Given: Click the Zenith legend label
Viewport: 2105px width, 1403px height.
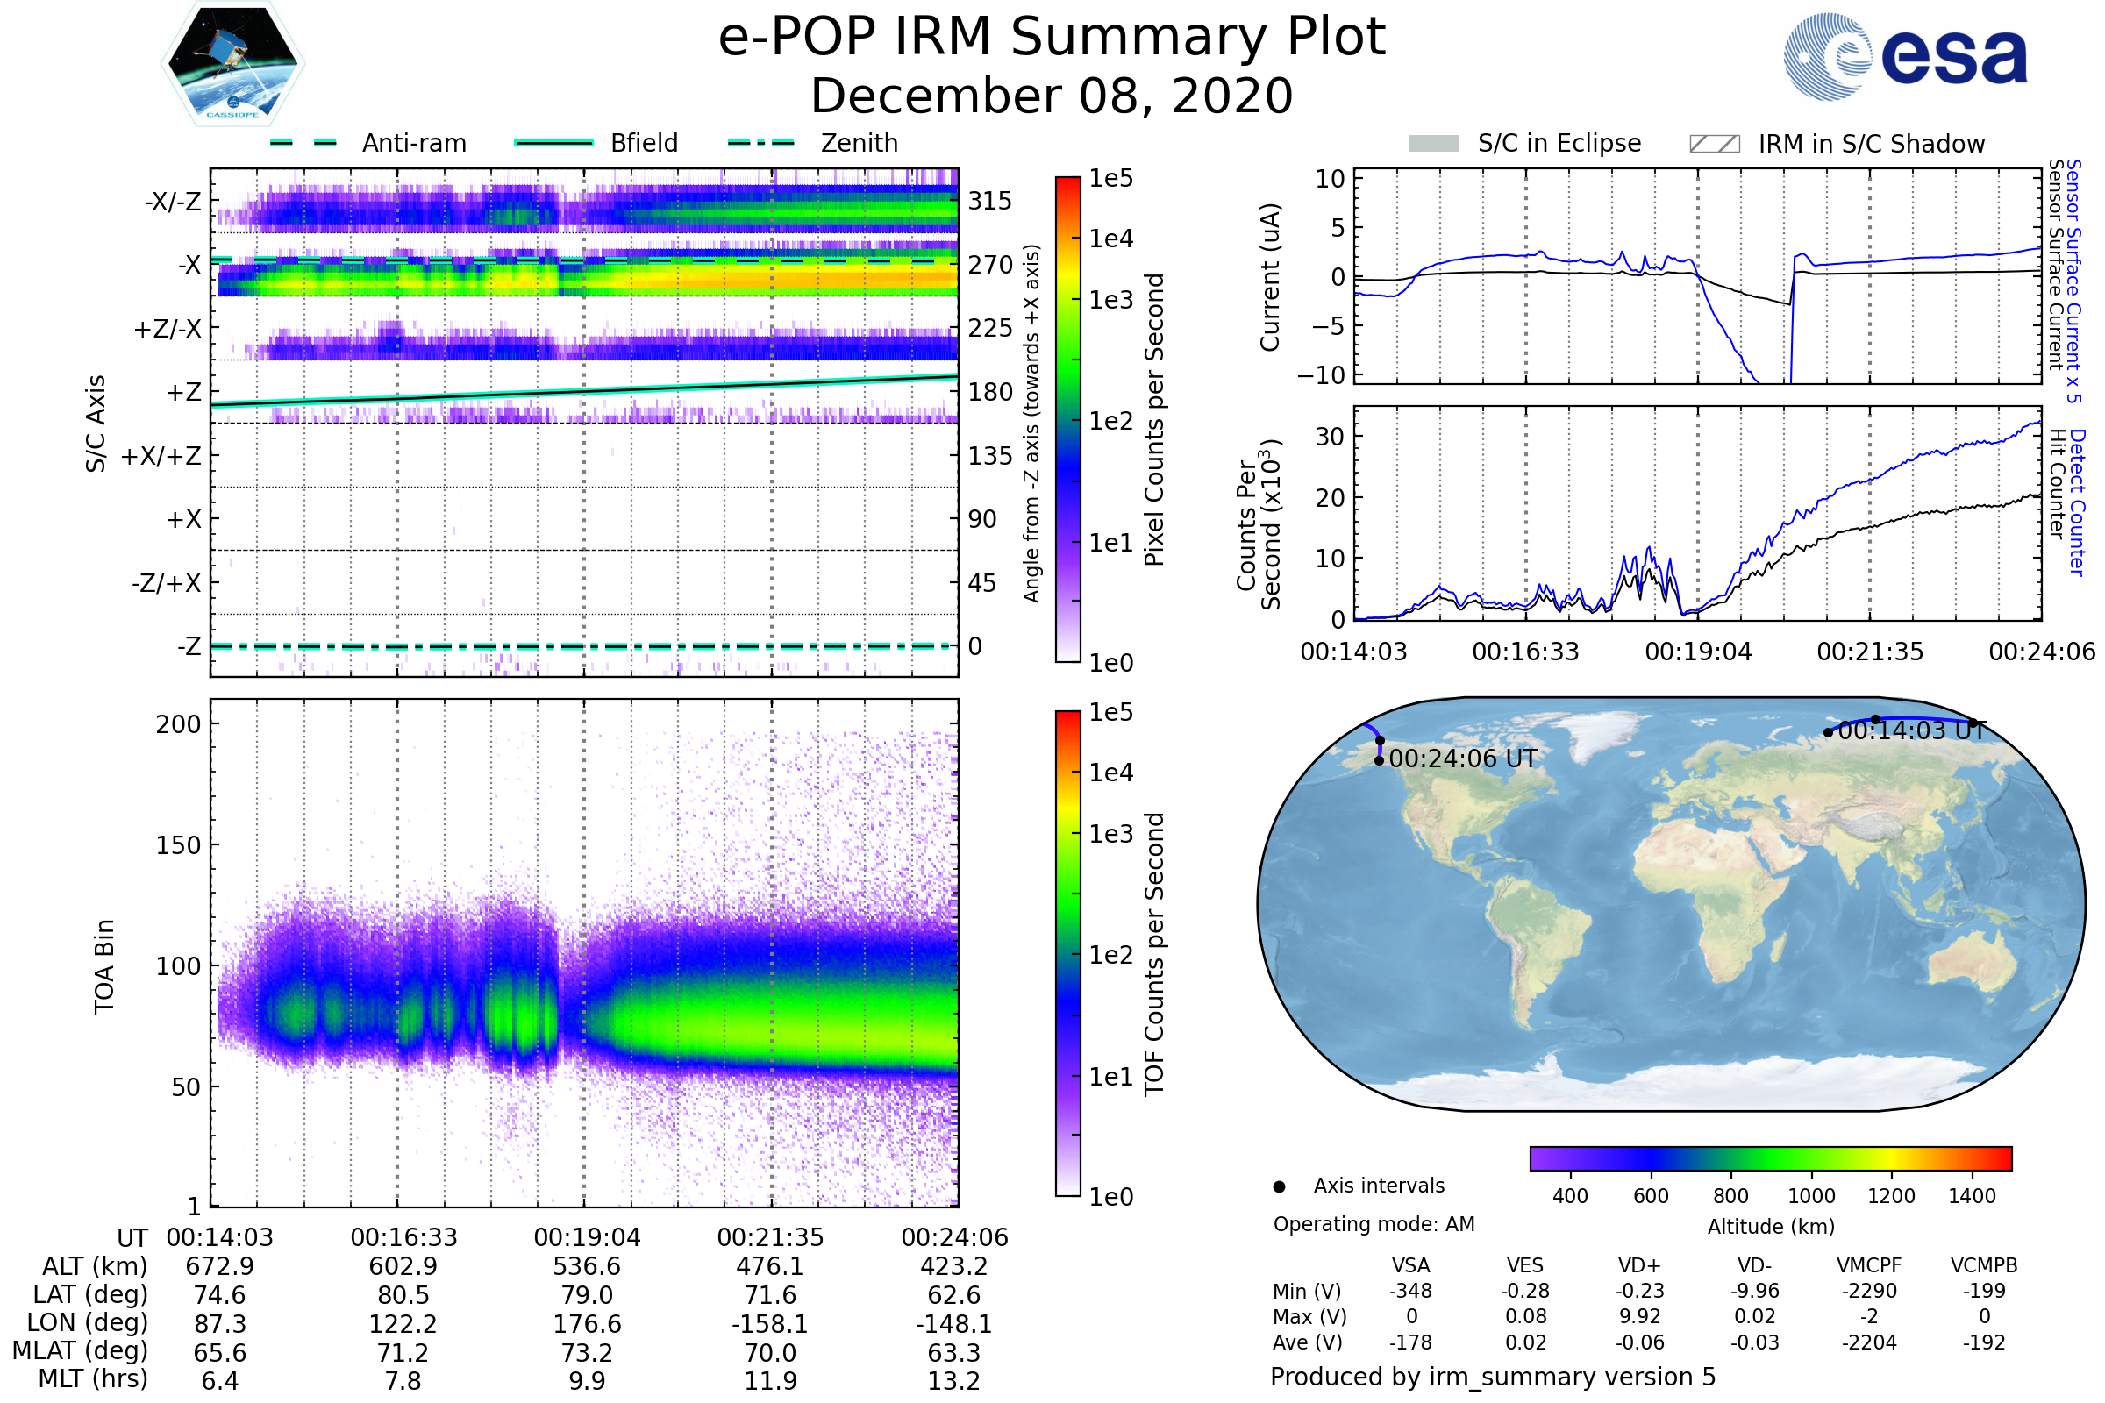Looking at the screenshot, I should pyautogui.click(x=860, y=143).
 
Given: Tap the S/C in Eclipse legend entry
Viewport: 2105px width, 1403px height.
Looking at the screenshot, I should pyautogui.click(x=1525, y=143).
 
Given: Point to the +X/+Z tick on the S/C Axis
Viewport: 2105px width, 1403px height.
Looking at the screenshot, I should pyautogui.click(x=161, y=456).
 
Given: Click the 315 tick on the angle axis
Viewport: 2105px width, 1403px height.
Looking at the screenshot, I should pyautogui.click(x=990, y=202).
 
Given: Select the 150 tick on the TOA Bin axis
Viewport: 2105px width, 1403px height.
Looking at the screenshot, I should pyautogui.click(x=178, y=845).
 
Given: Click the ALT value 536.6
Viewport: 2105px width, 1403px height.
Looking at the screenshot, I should pyautogui.click(x=587, y=1267).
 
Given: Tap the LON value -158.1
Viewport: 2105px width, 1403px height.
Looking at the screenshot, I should pyautogui.click(x=771, y=1324).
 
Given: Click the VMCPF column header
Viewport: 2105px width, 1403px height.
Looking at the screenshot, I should pyautogui.click(x=1869, y=1265).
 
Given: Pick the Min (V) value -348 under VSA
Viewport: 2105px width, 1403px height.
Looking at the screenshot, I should pyautogui.click(x=1410, y=1291).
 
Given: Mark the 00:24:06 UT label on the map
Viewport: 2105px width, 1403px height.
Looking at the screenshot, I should pyautogui.click(x=1462, y=758).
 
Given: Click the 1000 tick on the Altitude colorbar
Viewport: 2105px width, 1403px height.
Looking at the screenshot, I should pyautogui.click(x=1811, y=1196).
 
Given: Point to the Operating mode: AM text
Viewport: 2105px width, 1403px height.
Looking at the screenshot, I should pyautogui.click(x=1374, y=1224).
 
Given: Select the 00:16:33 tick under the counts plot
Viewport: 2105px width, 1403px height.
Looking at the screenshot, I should pyautogui.click(x=1526, y=652).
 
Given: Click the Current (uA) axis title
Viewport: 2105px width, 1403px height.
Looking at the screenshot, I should pyautogui.click(x=1270, y=277).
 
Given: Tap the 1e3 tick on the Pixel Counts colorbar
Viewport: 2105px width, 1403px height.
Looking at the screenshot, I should pyautogui.click(x=1110, y=300).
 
